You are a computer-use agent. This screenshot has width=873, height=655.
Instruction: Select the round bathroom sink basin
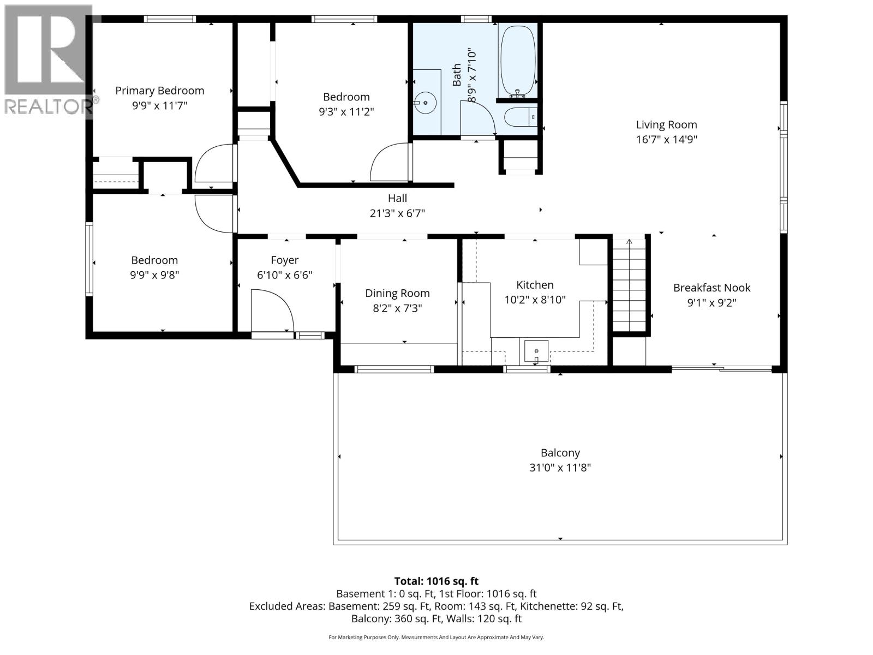point(425,103)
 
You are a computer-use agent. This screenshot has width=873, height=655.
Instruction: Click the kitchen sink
point(536,351)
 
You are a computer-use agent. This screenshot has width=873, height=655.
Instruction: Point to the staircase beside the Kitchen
point(629,285)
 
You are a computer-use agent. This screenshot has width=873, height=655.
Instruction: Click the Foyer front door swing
point(272,311)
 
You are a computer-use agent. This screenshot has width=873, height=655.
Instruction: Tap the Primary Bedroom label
point(159,91)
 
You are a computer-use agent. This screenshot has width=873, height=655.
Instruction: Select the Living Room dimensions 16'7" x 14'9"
point(666,140)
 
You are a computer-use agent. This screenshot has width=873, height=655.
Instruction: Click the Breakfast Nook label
point(711,288)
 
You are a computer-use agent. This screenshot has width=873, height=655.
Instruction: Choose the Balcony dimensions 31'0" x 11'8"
point(560,468)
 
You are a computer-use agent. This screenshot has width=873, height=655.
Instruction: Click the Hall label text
point(397,198)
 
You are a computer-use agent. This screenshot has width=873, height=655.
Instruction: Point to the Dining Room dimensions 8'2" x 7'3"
point(397,308)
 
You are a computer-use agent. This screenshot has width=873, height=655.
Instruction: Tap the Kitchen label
point(535,285)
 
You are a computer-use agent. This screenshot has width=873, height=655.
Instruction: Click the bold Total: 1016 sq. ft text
point(436,581)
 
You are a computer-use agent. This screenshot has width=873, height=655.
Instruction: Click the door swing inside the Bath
point(477,118)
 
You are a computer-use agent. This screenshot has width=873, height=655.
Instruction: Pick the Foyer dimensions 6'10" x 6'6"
point(284,275)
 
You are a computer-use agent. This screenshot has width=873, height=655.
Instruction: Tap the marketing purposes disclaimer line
point(436,637)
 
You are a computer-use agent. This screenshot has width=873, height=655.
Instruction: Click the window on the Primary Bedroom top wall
point(170,19)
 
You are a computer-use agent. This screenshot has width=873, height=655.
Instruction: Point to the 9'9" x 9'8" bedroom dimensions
point(154,275)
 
